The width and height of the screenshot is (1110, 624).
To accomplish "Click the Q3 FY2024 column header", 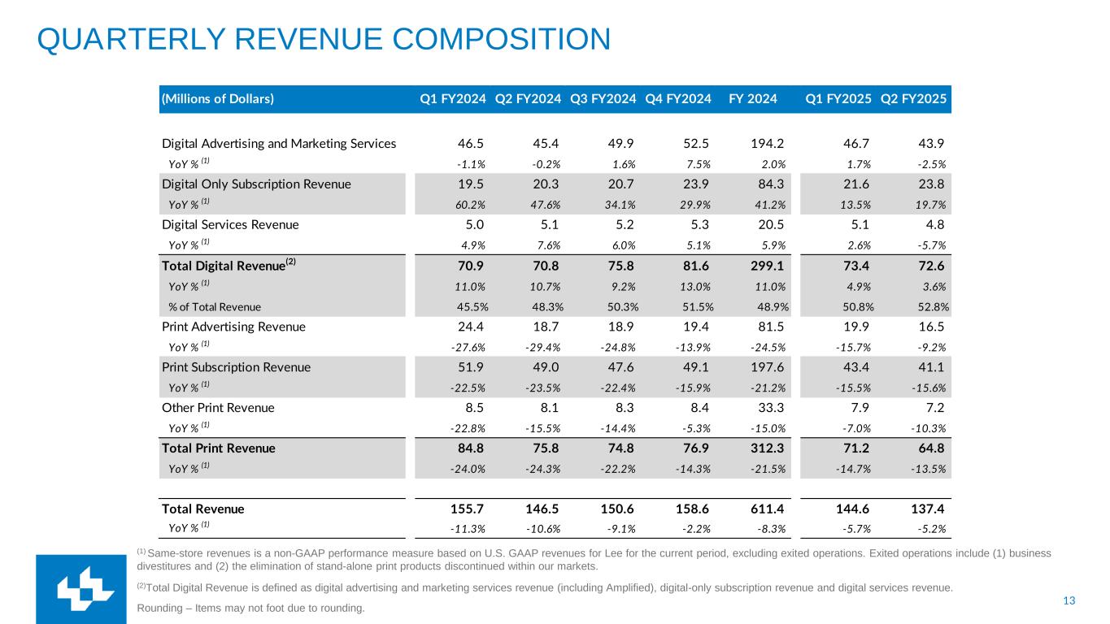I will (603, 100).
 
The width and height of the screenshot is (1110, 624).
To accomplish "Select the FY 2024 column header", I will (752, 100).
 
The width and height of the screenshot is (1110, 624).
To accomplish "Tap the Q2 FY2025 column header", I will (913, 100).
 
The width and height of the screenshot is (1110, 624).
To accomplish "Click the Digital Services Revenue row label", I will (230, 224).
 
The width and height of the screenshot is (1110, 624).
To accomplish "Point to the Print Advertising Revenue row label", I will (233, 327).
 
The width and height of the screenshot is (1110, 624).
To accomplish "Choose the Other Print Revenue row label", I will (218, 408).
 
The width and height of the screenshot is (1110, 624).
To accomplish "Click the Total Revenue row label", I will (202, 509).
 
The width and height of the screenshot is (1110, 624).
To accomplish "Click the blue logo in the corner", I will (81, 590).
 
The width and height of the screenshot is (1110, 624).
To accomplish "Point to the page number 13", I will (1069, 600).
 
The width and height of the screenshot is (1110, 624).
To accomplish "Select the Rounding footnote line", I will (251, 608).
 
